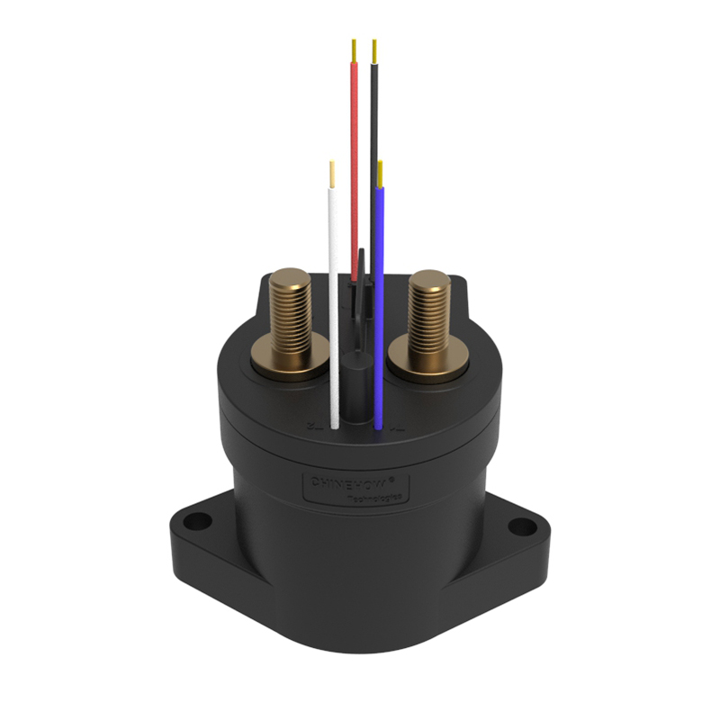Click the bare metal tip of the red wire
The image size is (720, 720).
tap(354, 50)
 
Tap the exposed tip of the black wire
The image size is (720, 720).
tap(374, 50)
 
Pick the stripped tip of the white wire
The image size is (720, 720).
tap(332, 174)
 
